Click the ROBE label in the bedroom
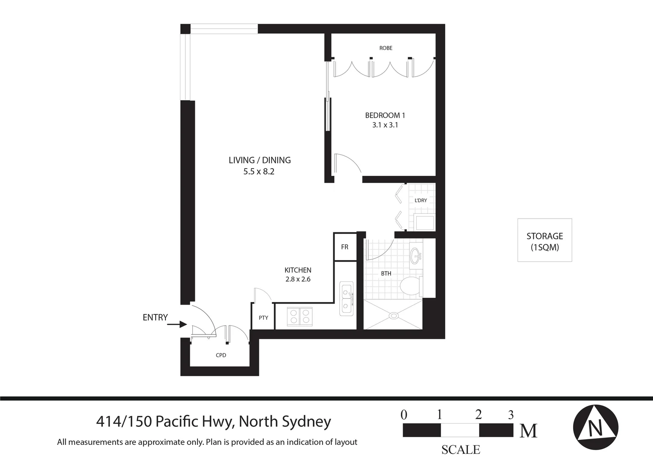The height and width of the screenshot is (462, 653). coord(385,48)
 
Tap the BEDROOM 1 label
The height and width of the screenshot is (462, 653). coord(385,115)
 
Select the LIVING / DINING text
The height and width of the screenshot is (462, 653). coord(259,160)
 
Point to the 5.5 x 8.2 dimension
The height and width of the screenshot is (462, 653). coord(259,172)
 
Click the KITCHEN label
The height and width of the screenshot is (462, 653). coord(298,270)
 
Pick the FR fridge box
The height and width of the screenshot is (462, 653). coord(345,247)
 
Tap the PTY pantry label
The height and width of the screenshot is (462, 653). coord(263,317)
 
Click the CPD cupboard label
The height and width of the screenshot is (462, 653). coord(221,355)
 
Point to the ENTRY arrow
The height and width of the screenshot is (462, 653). coord(177,324)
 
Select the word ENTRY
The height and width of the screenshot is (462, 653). coord(155,317)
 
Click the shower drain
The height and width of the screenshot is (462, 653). coord(394,316)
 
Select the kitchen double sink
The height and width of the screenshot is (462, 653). coord(346,298)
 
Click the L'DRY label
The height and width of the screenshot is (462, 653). coord(421,200)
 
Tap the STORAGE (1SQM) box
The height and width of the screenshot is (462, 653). coord(544,240)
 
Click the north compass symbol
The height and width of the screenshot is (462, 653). coord(595,427)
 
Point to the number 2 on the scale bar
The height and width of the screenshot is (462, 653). coord(478,414)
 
